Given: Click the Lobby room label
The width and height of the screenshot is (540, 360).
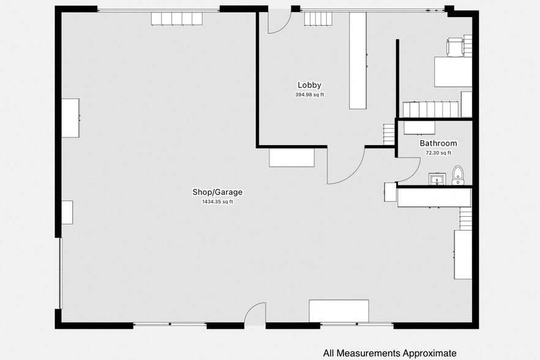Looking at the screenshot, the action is coord(309,85).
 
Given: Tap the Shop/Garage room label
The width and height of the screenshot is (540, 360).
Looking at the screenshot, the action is coord(217,192).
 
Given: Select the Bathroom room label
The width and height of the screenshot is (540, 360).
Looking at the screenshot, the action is coord(438,143).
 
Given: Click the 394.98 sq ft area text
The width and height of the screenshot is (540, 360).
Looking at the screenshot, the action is coord(309,95).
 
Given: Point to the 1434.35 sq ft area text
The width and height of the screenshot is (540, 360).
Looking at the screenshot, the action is coord(217,202).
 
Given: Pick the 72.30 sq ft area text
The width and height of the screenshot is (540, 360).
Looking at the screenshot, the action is coord(438,153).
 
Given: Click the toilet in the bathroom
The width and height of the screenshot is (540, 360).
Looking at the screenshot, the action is coord(458,176).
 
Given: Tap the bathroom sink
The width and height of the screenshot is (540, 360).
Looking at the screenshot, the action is coord(437,179).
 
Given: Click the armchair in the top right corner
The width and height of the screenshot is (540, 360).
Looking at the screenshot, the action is coord(456,47).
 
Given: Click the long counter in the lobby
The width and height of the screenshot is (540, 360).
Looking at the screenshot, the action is coord(358,61).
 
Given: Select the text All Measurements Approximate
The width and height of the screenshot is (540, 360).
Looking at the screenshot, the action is coord(389,353).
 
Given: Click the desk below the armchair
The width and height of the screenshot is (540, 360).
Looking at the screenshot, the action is coord(453,72).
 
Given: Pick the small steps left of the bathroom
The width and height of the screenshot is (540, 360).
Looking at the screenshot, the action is coord(389,134).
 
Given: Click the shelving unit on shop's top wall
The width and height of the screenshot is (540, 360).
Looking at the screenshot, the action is coord(177,18).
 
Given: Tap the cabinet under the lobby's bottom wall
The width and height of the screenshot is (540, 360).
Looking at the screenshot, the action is coord(291,158).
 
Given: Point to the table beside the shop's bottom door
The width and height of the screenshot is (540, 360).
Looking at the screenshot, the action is coord(339,311).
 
